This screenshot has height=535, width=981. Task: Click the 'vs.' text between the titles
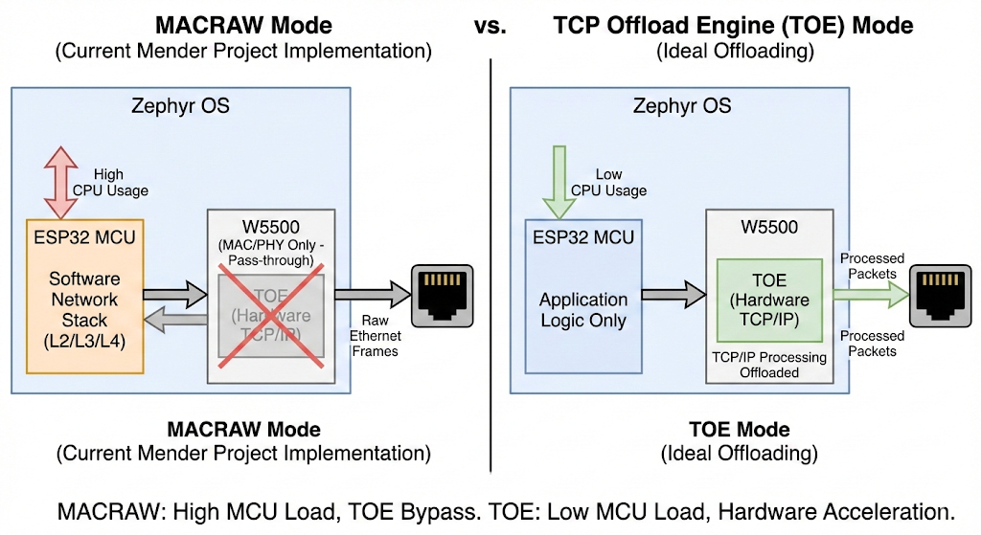click(490, 25)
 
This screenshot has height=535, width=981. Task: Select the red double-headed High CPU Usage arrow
click(56, 182)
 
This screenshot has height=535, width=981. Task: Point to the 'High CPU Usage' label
click(109, 183)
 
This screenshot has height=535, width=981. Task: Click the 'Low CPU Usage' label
click(609, 182)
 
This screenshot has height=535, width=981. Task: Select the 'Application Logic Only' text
click(583, 310)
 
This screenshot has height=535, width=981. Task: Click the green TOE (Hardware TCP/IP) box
click(770, 301)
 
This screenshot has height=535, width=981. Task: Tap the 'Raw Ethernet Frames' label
click(376, 336)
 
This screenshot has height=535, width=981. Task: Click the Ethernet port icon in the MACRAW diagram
click(442, 294)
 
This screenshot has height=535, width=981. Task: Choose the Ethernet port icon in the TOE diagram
click(941, 294)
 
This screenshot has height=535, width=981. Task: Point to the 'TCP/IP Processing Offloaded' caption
click(770, 364)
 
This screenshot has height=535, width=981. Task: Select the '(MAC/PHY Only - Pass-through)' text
click(272, 253)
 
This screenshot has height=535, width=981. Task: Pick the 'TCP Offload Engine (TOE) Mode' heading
click(735, 25)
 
